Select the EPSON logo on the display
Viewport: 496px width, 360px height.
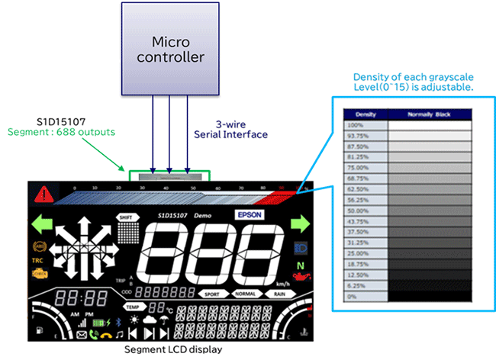click(x=250, y=216)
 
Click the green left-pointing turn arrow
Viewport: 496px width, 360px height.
click(x=43, y=224)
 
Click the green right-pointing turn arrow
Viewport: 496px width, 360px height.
click(x=300, y=224)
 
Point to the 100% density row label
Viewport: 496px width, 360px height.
click(x=356, y=124)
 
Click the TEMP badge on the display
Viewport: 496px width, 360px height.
click(x=134, y=307)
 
